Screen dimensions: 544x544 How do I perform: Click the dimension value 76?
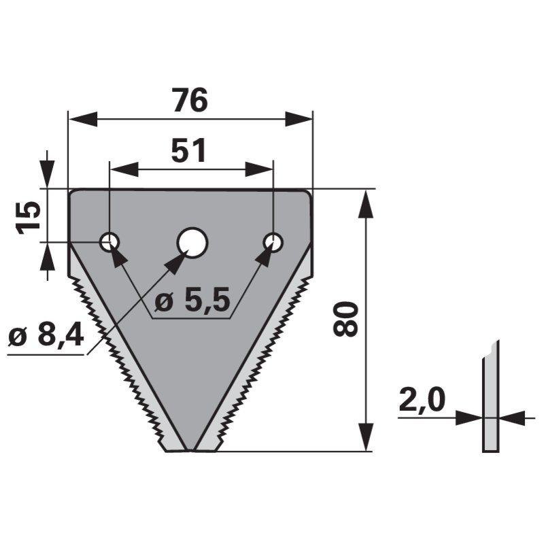coord(190,100)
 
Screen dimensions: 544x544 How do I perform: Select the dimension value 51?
coord(189,150)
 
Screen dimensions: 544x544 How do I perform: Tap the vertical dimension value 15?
coord(29,218)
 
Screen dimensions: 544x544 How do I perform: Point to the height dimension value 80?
coord(345,319)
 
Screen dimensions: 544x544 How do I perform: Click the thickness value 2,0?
coord(422,400)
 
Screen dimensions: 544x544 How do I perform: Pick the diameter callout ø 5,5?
coord(192,300)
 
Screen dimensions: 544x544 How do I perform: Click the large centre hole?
coord(192,243)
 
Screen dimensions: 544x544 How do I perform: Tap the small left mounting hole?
coord(109,242)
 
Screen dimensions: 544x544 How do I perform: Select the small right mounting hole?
coord(273,242)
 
